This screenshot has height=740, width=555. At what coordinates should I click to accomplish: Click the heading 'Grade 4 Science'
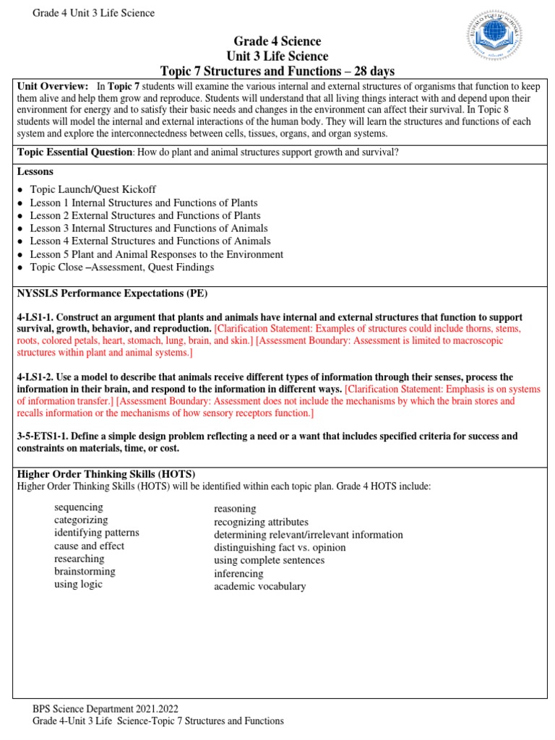pyautogui.click(x=277, y=41)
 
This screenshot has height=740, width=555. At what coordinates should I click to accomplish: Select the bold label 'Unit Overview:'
pyautogui.click(x=53, y=85)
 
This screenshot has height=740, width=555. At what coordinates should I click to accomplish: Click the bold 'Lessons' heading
pyautogui.click(x=36, y=172)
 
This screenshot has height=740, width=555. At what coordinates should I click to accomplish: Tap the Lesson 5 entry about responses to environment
pyautogui.click(x=156, y=254)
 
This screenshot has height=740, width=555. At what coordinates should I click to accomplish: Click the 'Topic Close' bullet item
pyautogui.click(x=121, y=267)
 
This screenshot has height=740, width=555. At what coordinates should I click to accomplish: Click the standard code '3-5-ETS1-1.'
pyautogui.click(x=43, y=436)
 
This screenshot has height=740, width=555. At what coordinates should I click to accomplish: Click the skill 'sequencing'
pyautogui.click(x=79, y=507)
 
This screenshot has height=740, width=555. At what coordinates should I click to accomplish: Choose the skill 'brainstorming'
pyautogui.click(x=85, y=572)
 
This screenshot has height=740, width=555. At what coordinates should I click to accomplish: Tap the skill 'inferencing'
pyautogui.click(x=238, y=574)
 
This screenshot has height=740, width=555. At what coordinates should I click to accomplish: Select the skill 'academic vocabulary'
pyautogui.click(x=259, y=586)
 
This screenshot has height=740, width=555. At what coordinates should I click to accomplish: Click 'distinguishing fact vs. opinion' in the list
pyautogui.click(x=280, y=548)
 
